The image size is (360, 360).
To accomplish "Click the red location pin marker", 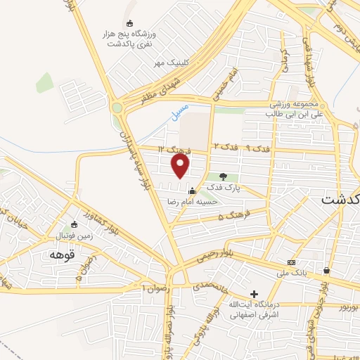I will pos(181,166).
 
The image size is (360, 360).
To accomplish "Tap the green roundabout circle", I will pos(116,108).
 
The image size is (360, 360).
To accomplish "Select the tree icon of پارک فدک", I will pos(223,176).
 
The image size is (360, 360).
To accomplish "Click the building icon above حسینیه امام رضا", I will pos(192,189).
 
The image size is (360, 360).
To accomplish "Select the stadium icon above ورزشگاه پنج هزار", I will pos(129,23).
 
